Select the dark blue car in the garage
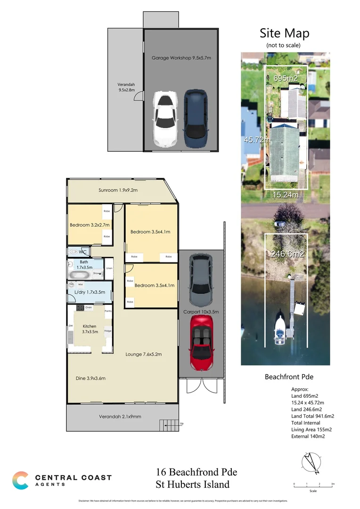pos(196,119)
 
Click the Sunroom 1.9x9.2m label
pos(118,190)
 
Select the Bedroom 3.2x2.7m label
pos(90,225)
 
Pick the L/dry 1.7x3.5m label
pos(90,292)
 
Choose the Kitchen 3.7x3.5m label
pos(90,329)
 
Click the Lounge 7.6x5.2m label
pos(143,354)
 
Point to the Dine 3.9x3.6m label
pos(90,378)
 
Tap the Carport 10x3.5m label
pos(201,312)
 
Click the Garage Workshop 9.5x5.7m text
pos(181,58)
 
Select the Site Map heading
pos(285,33)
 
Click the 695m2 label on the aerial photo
pos(286,78)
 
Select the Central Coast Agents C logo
pos(20,480)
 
